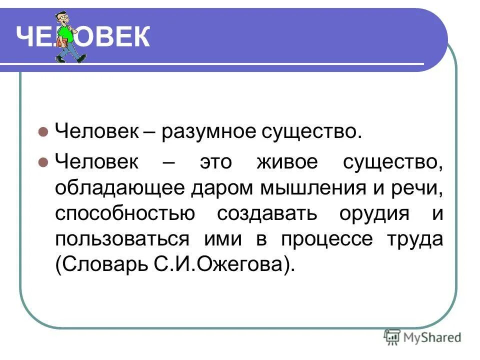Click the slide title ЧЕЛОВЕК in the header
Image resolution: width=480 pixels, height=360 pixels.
tap(82, 37)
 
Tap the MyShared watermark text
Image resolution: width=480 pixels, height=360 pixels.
tap(431, 337)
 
